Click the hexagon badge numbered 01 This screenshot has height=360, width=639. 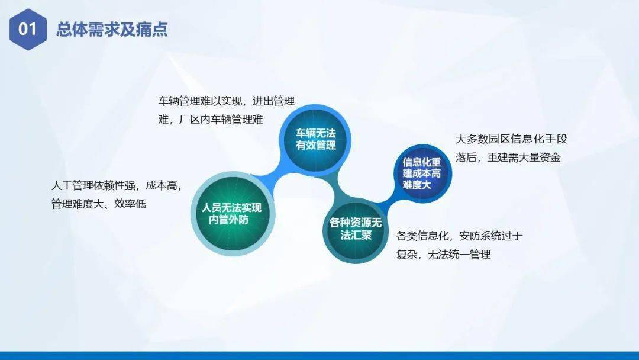[28, 30]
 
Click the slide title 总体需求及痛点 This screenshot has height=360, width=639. [112, 30]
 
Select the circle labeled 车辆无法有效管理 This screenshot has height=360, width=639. [316, 139]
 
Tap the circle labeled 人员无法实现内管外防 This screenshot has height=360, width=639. [232, 213]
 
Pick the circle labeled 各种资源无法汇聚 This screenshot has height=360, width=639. [356, 229]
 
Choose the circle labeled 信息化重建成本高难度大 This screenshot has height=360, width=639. [422, 173]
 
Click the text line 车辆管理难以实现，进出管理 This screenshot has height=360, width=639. [226, 101]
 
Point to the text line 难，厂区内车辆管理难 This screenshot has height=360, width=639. [211, 120]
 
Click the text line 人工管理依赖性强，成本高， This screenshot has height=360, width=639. [116, 185]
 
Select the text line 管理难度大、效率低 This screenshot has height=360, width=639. [99, 204]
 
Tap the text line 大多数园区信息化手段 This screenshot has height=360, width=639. [511, 139]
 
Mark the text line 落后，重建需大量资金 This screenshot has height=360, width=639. [508, 157]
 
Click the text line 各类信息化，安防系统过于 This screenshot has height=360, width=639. [459, 236]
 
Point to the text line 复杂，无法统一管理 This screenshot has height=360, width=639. [443, 255]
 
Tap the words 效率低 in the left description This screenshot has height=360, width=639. [130, 204]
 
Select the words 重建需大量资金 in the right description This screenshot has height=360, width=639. [524, 157]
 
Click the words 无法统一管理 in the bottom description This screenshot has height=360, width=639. [459, 255]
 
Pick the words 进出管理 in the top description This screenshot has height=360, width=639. [273, 101]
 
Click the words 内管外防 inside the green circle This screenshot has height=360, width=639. [229, 220]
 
